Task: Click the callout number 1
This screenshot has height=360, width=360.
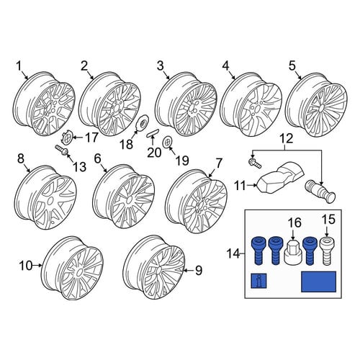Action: tap(19, 66)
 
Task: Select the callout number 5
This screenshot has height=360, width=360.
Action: tap(292, 66)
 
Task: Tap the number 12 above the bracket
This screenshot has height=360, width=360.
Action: tap(287, 138)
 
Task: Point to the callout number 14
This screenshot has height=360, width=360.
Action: tap(233, 253)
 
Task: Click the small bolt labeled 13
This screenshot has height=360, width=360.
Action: tap(62, 150)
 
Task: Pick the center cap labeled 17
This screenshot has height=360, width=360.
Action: tap(67, 137)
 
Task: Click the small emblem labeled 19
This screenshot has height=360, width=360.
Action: tap(167, 142)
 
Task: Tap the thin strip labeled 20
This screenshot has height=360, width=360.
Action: tap(153, 132)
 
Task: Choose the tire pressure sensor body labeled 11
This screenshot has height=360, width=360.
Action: tap(279, 179)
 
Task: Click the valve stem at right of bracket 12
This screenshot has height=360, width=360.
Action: tap(320, 192)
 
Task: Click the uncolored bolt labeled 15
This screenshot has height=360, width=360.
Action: tap(326, 251)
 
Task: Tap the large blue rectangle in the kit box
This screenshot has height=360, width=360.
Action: tap(318, 282)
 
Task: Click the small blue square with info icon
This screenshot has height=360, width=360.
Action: tap(258, 281)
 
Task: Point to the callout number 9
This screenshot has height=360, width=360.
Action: tap(199, 271)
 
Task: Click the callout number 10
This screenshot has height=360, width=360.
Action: tap(26, 266)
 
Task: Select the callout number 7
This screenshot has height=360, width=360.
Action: tap(219, 163)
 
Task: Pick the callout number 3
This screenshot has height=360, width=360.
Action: tap(161, 66)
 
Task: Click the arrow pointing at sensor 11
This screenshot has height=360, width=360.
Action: tap(252, 185)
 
